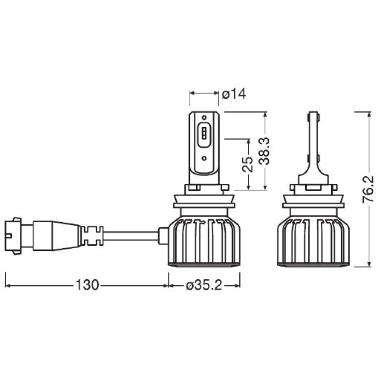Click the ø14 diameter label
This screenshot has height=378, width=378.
coord(234,94)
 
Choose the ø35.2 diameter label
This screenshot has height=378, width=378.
coord(205,285)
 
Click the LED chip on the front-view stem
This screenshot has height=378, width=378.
coord(204,133)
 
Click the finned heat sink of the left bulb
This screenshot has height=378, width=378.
coord(204,241)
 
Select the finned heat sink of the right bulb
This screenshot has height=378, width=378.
coord(312,241)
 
